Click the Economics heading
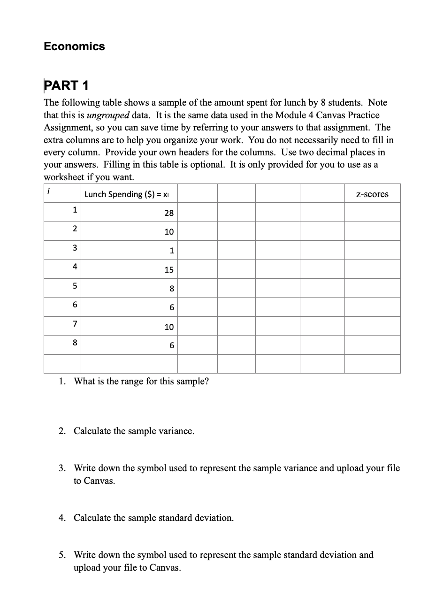coord(74,46)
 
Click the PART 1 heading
coord(66,85)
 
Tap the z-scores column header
coord(372,194)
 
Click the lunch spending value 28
coord(169,213)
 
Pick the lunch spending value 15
coord(169,270)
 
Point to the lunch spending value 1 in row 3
coord(172,251)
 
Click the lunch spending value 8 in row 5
coord(172,289)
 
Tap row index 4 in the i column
coord(75,267)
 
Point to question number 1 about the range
coord(62,381)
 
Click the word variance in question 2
coord(176,431)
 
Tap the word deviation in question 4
coord(213,518)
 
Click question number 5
coord(62,555)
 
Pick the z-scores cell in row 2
coord(372,231)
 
